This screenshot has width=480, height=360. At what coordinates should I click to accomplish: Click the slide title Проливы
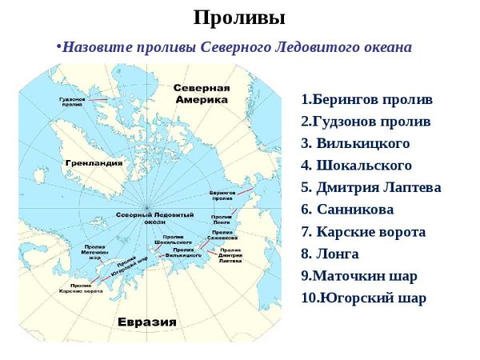(x=239, y=18)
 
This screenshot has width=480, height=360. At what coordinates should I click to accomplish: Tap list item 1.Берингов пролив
(x=366, y=100)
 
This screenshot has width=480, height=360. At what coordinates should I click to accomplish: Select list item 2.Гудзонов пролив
(x=366, y=122)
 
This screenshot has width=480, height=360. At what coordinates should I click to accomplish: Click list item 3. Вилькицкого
(x=355, y=144)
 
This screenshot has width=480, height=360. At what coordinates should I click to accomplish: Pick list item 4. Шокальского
(x=356, y=166)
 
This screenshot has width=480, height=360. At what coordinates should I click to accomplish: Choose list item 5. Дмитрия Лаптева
(x=370, y=188)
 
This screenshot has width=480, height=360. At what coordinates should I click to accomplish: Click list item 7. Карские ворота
(x=363, y=232)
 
